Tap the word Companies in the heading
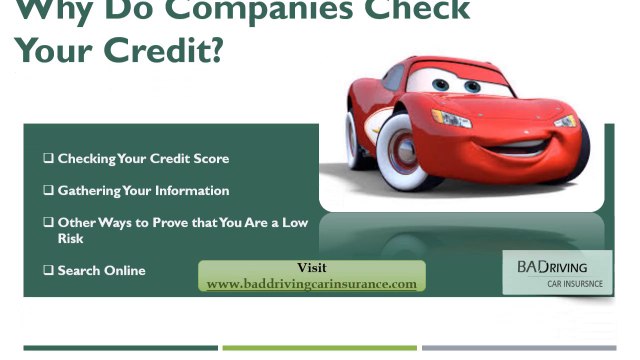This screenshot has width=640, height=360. click(239, 9)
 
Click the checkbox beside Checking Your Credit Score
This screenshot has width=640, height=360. click(48, 159)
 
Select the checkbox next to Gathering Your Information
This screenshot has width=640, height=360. click(48, 191)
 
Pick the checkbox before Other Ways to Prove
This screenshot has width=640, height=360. click(48, 223)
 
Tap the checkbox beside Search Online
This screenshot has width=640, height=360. click(48, 271)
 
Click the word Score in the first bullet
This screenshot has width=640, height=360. click(210, 159)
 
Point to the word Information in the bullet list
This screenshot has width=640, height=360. click(195, 191)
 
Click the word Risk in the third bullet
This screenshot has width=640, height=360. click(70, 239)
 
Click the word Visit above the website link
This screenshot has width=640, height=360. click(312, 268)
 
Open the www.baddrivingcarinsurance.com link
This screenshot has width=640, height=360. click(312, 284)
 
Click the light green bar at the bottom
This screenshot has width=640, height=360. click(319, 348)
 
